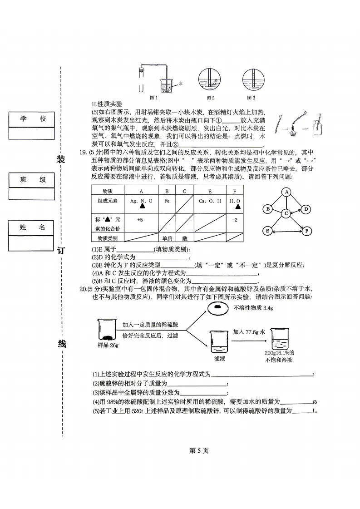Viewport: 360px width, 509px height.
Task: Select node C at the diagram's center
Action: click(x=286, y=213)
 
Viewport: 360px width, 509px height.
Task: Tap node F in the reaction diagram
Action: click(x=307, y=231)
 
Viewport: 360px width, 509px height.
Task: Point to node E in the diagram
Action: click(x=267, y=231)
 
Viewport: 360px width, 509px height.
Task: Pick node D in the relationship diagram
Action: click(x=306, y=209)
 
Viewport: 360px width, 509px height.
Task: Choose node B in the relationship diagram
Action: click(x=268, y=209)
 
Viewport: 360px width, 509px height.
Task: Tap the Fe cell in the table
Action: click(x=167, y=201)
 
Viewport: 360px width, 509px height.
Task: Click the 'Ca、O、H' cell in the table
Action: click(x=210, y=201)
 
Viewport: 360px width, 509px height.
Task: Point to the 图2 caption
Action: click(x=210, y=98)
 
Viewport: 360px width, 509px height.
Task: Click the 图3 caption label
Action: click(x=251, y=98)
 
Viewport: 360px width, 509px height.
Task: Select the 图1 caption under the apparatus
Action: click(x=153, y=98)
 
